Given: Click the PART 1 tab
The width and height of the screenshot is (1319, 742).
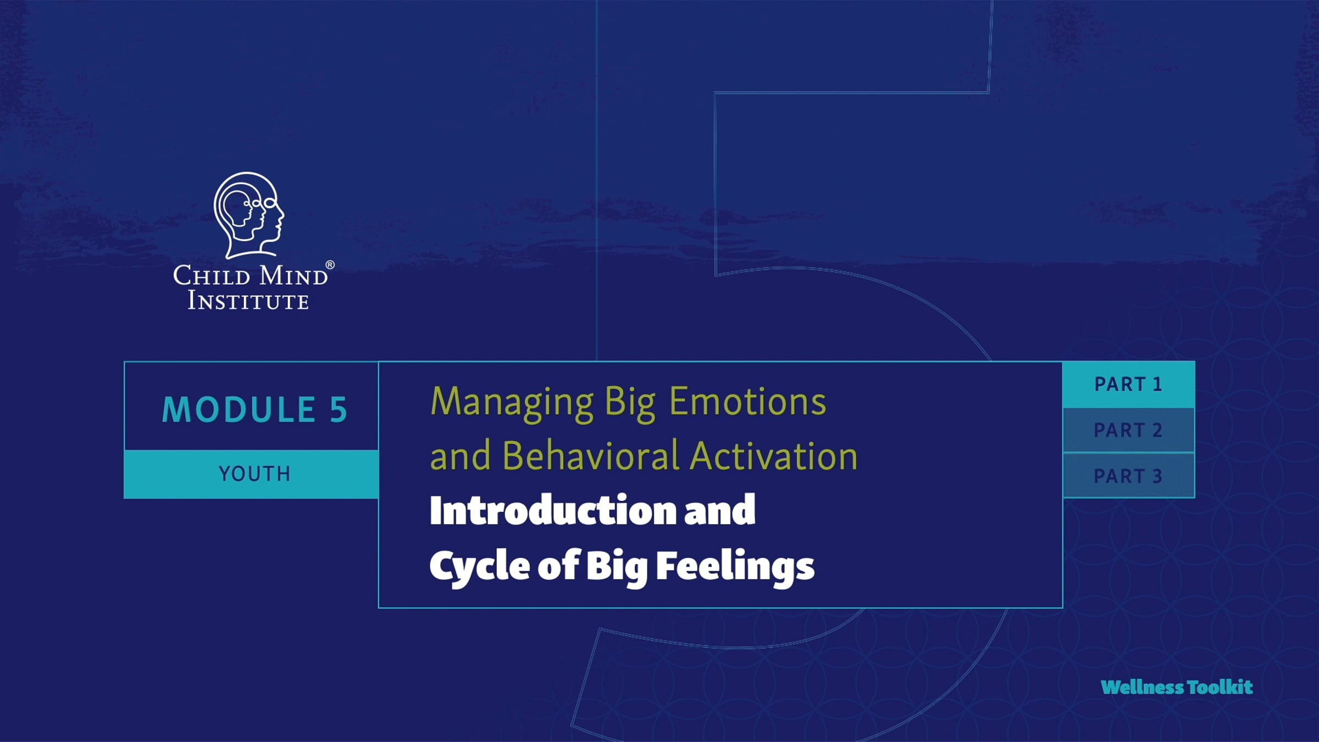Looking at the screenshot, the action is tap(1128, 384).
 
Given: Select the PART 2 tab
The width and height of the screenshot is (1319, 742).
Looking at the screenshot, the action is tap(1128, 430).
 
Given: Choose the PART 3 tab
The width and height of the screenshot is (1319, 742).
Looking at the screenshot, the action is tap(1128, 475).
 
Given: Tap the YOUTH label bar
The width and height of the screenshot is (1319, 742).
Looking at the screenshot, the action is tap(252, 474).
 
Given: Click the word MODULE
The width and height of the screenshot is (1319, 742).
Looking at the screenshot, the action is tap(239, 409).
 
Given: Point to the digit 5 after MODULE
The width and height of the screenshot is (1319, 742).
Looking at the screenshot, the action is tap(339, 409).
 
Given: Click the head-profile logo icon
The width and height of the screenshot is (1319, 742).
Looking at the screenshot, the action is tap(248, 215).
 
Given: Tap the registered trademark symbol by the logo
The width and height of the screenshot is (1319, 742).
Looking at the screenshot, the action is tap(330, 265).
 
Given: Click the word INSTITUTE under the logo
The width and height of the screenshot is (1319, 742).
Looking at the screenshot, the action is tap(248, 301).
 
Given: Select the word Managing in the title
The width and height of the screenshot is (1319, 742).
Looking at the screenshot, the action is tap(512, 403).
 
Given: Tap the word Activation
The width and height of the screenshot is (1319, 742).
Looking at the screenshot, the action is tap(774, 456).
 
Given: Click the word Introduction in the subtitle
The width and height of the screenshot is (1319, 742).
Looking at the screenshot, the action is tap(552, 511).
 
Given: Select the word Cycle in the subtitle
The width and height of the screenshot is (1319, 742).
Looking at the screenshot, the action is tap(479, 567).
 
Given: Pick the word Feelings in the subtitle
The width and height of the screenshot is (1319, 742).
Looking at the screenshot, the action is tap(735, 567).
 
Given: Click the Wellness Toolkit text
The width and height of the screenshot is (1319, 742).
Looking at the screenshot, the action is tap(1177, 687).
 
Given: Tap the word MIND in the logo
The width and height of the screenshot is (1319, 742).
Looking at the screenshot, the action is tap(293, 275).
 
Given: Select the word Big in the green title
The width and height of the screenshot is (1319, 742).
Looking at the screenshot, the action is tap(630, 403).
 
